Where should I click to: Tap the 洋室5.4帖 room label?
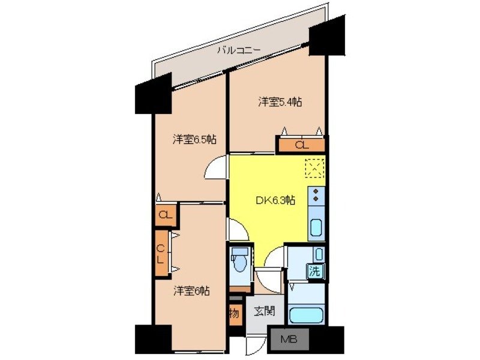[x=280, y=102]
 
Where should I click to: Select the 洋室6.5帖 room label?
[x=194, y=139]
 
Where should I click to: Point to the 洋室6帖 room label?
[x=192, y=291]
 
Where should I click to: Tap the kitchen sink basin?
[x=316, y=229]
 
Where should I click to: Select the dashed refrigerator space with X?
[x=314, y=168]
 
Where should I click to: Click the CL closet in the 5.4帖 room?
[x=301, y=145]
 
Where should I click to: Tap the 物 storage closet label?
[x=235, y=313]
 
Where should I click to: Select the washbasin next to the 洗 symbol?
[x=319, y=254]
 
